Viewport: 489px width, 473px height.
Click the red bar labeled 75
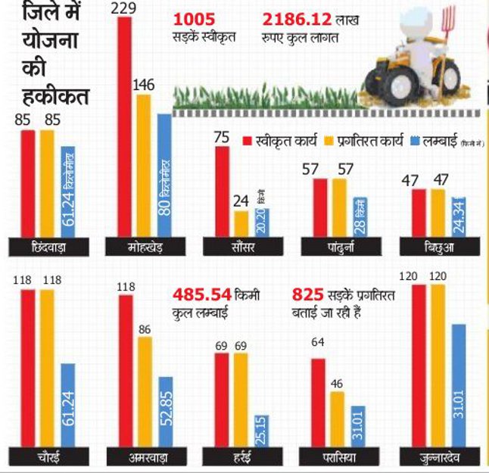(x=223, y=191)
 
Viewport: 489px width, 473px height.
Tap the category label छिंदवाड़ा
(x=48, y=247)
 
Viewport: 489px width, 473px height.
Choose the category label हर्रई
(x=241, y=456)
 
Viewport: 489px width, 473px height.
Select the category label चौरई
(x=48, y=456)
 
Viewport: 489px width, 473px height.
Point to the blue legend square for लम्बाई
(x=414, y=140)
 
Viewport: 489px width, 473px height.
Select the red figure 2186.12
(x=296, y=18)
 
